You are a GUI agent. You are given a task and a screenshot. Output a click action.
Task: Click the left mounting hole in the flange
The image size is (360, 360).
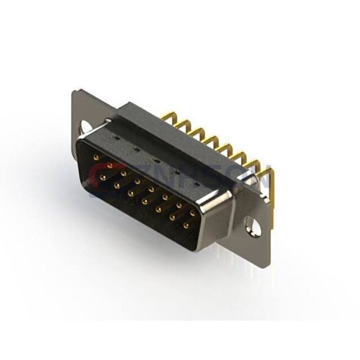pyautogui.click(x=85, y=127)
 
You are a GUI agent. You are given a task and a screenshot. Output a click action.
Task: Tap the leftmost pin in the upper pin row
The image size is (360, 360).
pyautogui.click(x=96, y=157)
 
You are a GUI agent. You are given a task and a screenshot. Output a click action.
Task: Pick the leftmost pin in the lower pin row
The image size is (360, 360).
pyautogui.click(x=103, y=178)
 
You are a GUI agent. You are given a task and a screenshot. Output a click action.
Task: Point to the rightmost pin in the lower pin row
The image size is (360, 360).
pyautogui.click(x=185, y=226)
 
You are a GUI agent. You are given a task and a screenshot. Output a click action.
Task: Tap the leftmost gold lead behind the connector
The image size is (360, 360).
pyautogui.click(x=166, y=116)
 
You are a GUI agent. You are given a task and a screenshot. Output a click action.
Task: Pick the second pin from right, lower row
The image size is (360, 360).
pyautogui.click(x=172, y=218)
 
